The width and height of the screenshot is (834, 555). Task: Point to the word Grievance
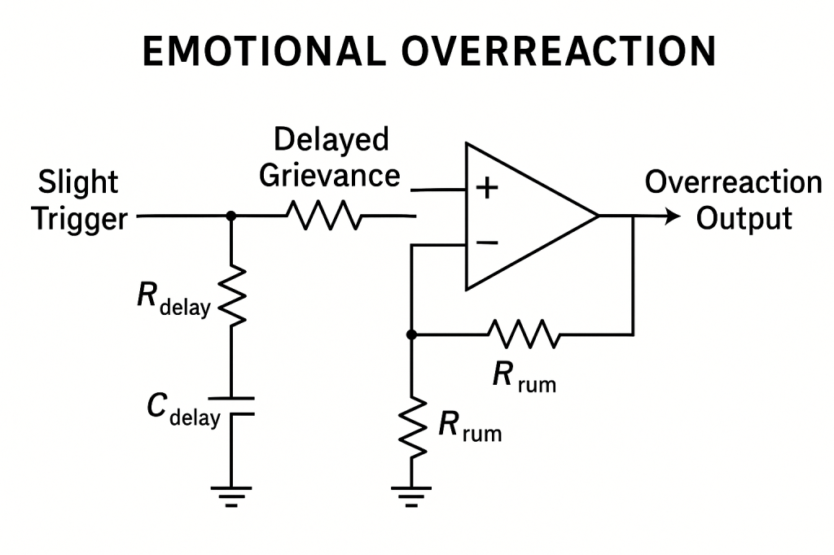point(330,176)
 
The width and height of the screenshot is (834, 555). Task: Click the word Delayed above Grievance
point(331,140)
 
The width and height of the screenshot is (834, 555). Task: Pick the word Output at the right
point(744,218)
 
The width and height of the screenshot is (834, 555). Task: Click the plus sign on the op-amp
point(487,190)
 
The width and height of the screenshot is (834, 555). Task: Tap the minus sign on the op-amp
point(487,243)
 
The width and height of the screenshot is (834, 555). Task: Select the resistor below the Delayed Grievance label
point(322,216)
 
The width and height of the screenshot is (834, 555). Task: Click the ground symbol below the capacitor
point(231,495)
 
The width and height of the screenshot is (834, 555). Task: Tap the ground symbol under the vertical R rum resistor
point(411,495)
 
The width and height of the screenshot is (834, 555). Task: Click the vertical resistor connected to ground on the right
point(411,422)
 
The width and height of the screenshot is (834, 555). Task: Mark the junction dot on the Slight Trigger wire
point(231,216)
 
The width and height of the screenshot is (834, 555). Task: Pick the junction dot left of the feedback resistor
point(411,334)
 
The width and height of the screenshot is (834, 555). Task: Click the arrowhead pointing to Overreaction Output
point(671,216)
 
